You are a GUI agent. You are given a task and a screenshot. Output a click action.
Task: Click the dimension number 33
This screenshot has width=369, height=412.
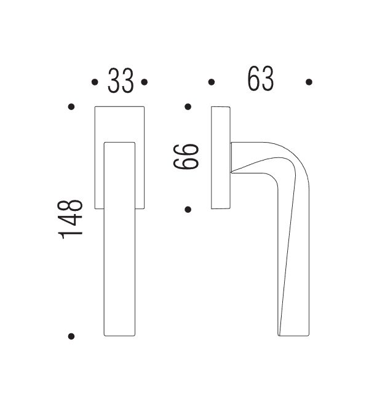[x=121, y=81]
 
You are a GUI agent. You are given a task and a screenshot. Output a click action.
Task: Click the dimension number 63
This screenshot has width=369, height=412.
[x=260, y=80]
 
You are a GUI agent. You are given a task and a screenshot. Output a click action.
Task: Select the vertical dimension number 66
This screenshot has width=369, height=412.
[x=186, y=157]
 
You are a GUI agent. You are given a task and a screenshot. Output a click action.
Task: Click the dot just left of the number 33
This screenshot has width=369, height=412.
[x=95, y=82]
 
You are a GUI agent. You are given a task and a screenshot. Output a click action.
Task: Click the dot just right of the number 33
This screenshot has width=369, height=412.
[x=144, y=82]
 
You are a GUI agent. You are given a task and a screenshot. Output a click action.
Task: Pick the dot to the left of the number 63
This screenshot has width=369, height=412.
[x=211, y=82]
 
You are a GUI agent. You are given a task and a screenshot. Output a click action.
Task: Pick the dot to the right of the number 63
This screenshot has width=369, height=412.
[x=309, y=82]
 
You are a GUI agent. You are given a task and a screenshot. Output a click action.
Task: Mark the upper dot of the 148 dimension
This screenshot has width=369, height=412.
[x=71, y=107]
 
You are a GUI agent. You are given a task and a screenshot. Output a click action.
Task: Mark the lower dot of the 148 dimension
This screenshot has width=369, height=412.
[x=71, y=336]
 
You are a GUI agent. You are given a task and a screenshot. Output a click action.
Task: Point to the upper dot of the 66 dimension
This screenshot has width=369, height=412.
[x=188, y=107]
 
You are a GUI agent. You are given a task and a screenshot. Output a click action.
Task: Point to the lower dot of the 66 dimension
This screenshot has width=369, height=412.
[x=188, y=209]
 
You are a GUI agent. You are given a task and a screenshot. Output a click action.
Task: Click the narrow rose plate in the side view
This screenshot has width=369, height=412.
[x=221, y=158]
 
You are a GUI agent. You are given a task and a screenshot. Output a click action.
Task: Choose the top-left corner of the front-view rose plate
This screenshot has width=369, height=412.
[x=95, y=108]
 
